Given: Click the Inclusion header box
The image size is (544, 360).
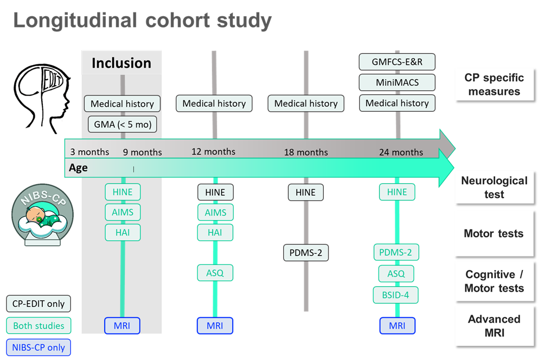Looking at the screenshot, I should (x=121, y=63).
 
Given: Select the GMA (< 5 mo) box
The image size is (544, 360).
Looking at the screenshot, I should (x=122, y=125).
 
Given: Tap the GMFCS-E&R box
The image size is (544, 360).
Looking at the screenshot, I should (x=398, y=61).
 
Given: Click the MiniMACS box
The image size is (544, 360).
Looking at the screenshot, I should (x=398, y=82).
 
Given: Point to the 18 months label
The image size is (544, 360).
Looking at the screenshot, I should (x=306, y=152).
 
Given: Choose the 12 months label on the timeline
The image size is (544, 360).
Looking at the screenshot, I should (x=214, y=151).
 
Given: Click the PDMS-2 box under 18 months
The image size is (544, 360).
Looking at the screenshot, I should (x=306, y=253).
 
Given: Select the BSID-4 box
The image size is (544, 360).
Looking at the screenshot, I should (x=396, y=295).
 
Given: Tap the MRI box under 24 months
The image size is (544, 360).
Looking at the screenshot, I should (x=397, y=325).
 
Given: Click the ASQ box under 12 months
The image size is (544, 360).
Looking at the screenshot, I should (x=215, y=273).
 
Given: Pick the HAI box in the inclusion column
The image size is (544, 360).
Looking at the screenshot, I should (x=123, y=233).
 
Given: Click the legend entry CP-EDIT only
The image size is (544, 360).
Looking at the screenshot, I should (x=39, y=304).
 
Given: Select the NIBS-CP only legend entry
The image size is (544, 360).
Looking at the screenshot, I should (x=39, y=347).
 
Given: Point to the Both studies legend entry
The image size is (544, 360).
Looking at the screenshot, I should (x=39, y=325).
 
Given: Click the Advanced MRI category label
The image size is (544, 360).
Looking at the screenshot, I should (x=494, y=326).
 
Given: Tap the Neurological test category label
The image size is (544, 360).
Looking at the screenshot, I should (x=494, y=187).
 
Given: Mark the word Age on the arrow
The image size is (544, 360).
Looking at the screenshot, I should (x=79, y=168).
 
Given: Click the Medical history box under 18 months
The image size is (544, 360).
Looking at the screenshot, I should (x=306, y=104).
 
